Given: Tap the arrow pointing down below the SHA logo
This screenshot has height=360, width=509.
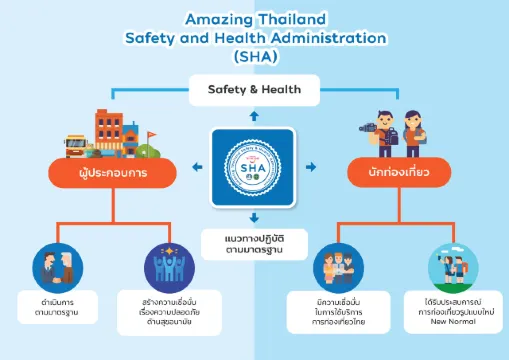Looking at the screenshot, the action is pos(255,217).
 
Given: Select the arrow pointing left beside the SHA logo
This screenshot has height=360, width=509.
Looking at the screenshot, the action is pos(198,165).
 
